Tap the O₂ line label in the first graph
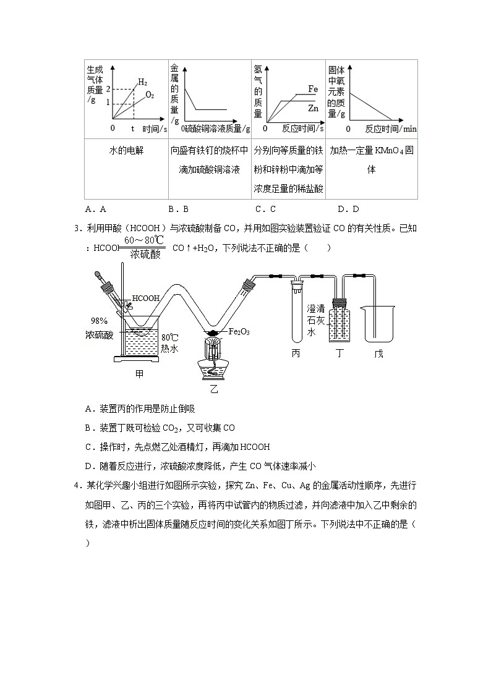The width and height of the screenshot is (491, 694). click(x=150, y=95)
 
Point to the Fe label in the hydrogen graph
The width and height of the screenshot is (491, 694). click(x=313, y=90)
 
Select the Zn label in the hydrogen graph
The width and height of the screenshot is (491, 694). click(x=313, y=108)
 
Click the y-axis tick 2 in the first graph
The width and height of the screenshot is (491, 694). click(x=108, y=90)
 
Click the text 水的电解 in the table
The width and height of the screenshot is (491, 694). click(x=126, y=150)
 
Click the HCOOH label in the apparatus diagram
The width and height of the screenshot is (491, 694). click(x=146, y=298)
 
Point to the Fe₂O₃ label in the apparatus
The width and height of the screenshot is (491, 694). click(x=239, y=332)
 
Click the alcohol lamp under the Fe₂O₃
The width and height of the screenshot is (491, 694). click(x=214, y=362)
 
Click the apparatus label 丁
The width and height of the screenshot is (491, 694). click(x=338, y=353)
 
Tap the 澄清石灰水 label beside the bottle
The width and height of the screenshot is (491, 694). click(x=316, y=320)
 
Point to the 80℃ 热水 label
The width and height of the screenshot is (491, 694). click(x=169, y=343)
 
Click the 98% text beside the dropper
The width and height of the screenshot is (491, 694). click(x=100, y=321)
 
